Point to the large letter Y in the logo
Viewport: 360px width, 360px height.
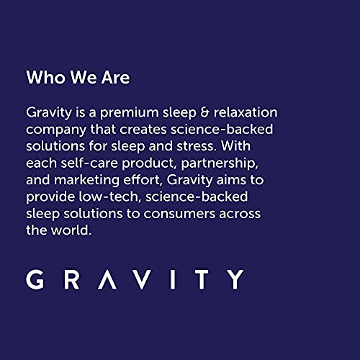234,279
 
